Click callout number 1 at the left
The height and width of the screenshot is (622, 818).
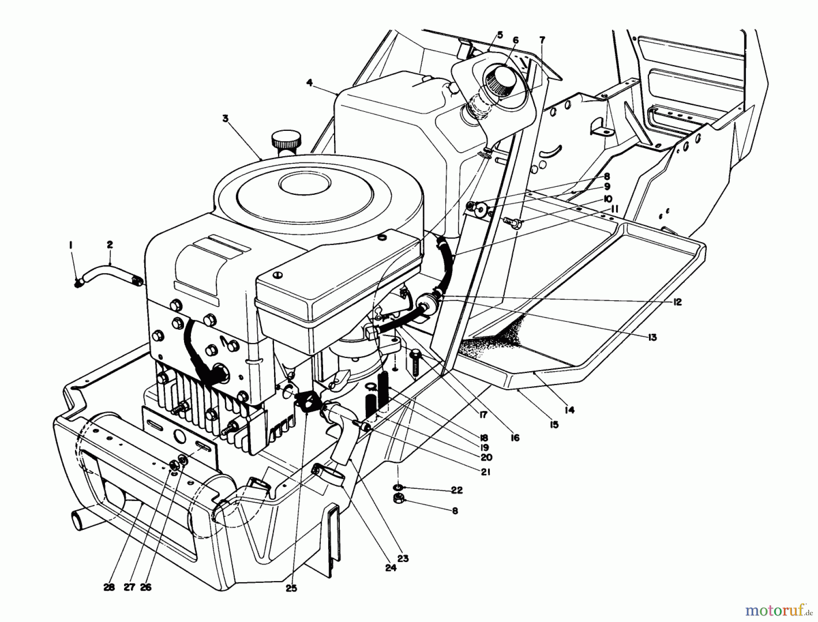coord(71,245)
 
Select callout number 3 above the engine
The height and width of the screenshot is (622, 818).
coord(225,119)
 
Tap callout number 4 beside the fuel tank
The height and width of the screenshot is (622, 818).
coord(309,83)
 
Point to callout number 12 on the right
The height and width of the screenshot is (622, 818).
coord(677,302)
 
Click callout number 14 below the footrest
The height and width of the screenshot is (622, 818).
coord(569,410)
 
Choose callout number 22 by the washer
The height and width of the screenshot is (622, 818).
coord(457,490)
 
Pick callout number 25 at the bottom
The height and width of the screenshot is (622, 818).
coord(291,588)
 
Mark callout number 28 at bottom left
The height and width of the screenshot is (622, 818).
coord(108,587)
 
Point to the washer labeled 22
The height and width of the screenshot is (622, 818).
coord(398,488)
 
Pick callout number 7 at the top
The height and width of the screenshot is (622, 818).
coord(542,40)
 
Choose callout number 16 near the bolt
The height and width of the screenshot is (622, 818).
coord(515,438)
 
